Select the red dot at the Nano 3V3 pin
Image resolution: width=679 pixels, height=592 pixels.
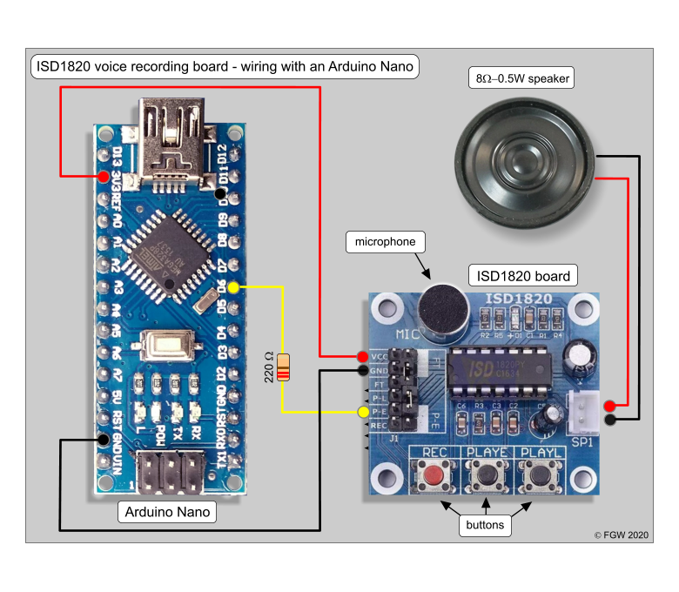click(x=104, y=177)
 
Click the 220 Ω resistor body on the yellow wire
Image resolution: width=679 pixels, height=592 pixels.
click(x=282, y=368)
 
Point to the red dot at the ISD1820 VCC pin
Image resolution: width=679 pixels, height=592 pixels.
click(x=362, y=356)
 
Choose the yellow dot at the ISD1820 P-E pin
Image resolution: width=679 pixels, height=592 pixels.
click(x=362, y=411)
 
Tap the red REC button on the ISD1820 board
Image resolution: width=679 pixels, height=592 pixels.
click(x=434, y=475)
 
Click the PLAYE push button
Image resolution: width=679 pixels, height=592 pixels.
click(x=487, y=475)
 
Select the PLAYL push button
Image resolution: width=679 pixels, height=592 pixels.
click(x=539, y=475)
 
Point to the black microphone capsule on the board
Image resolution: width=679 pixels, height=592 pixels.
click(x=440, y=306)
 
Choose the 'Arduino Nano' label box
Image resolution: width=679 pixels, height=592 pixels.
click(x=166, y=512)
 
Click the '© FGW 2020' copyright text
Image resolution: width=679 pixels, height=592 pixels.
click(x=622, y=535)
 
